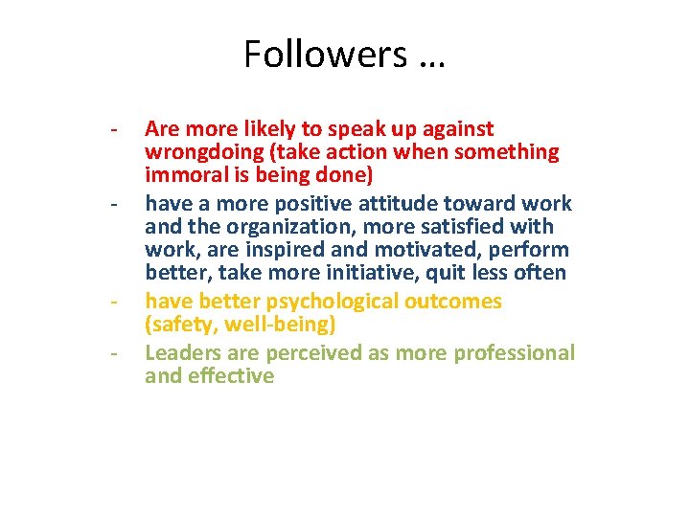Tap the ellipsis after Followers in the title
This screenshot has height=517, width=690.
tap(431, 57)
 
